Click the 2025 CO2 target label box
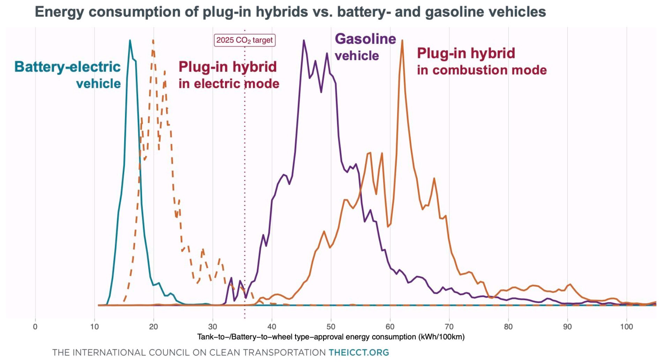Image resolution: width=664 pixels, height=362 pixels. tap(244, 40)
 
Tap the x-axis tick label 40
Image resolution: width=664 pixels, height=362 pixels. tap(271, 327)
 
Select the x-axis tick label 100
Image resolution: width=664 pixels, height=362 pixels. tap(626, 327)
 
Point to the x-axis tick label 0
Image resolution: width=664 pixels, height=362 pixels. tap(35, 327)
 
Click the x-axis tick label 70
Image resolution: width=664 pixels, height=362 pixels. tap(449, 327)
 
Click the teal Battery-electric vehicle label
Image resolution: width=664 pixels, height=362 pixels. tap(68, 75)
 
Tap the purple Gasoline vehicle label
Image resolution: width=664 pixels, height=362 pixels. tap(365, 47)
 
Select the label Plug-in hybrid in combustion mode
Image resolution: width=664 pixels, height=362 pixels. tap(482, 61)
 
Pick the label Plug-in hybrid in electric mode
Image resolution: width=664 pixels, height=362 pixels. tap(229, 75)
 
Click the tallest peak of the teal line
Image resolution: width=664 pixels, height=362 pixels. tap(130, 40)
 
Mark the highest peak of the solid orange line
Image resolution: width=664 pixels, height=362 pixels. tap(402, 40)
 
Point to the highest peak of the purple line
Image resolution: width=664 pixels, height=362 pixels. tap(304, 40)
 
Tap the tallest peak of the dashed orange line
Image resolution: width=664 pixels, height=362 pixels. tap(153, 40)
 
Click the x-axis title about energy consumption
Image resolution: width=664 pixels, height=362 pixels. tap(331, 337)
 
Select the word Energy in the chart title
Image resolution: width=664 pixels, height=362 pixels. tap(59, 12)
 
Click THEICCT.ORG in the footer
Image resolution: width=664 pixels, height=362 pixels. tap(359, 353)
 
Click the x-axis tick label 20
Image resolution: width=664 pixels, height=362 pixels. tap(153, 327)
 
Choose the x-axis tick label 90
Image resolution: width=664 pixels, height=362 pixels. tap(567, 327)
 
